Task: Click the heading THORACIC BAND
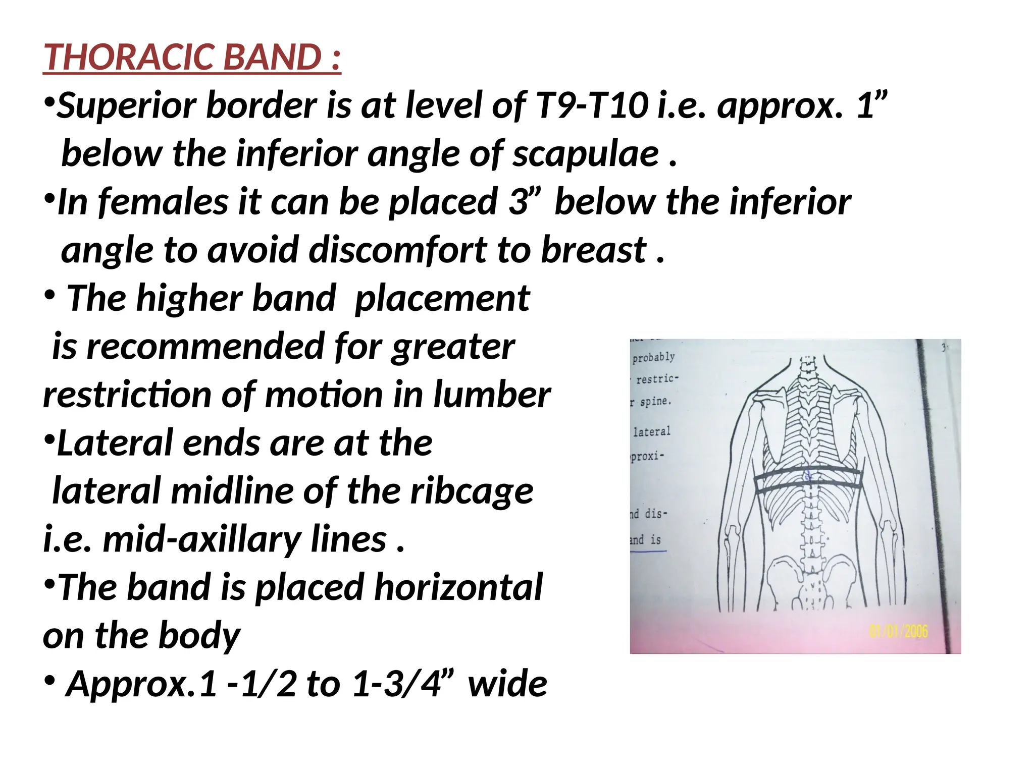pyautogui.click(x=192, y=57)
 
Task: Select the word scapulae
pyautogui.click(x=586, y=154)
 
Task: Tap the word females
pyautogui.click(x=164, y=202)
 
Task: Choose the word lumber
pyautogui.click(x=492, y=395)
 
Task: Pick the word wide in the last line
pyautogui.click(x=507, y=684)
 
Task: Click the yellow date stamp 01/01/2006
pyautogui.click(x=898, y=631)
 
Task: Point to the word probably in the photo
pyautogui.click(x=653, y=357)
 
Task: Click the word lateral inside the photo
pyautogui.click(x=651, y=431)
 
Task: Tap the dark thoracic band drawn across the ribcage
pyautogui.click(x=808, y=483)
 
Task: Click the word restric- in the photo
pyautogui.click(x=657, y=379)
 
